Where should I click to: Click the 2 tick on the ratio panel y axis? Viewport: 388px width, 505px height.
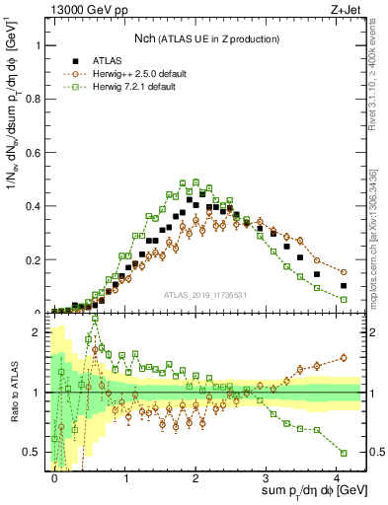(x=37, y=332)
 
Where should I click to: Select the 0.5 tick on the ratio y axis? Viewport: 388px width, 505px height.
(x=34, y=453)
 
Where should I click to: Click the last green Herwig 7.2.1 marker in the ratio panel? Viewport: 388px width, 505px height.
(x=344, y=452)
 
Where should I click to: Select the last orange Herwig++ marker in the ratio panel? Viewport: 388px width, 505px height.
(x=344, y=358)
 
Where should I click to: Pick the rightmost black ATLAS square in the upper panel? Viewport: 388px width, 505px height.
(x=344, y=286)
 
